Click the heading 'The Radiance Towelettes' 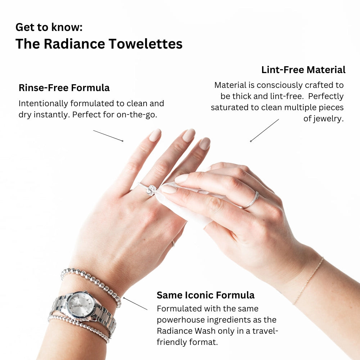coord(99,44)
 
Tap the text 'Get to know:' coord(49,27)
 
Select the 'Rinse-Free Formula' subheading coord(64,88)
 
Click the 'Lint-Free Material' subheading coord(303,70)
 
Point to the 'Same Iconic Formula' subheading coord(205,295)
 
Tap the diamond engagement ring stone coord(152,190)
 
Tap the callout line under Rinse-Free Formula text coord(108,135)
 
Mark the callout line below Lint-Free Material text coord(265,130)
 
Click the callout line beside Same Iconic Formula coord(135,303)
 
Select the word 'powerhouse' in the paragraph coord(180,320)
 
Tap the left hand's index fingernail coord(155,135)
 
